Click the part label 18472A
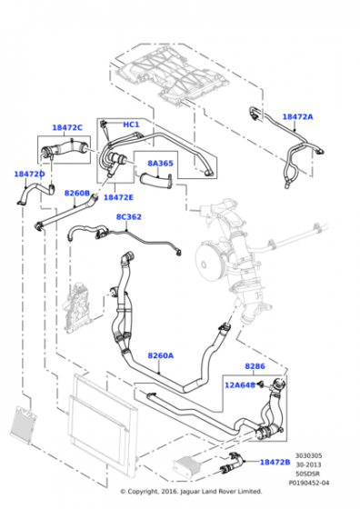[x=296, y=117]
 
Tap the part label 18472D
[x=29, y=174]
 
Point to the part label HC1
[x=131, y=125]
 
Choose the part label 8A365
[x=160, y=165]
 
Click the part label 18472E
[x=118, y=197]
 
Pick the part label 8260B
[x=76, y=193]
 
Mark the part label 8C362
[x=129, y=217]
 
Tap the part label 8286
[x=255, y=366]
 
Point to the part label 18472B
[x=275, y=462]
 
